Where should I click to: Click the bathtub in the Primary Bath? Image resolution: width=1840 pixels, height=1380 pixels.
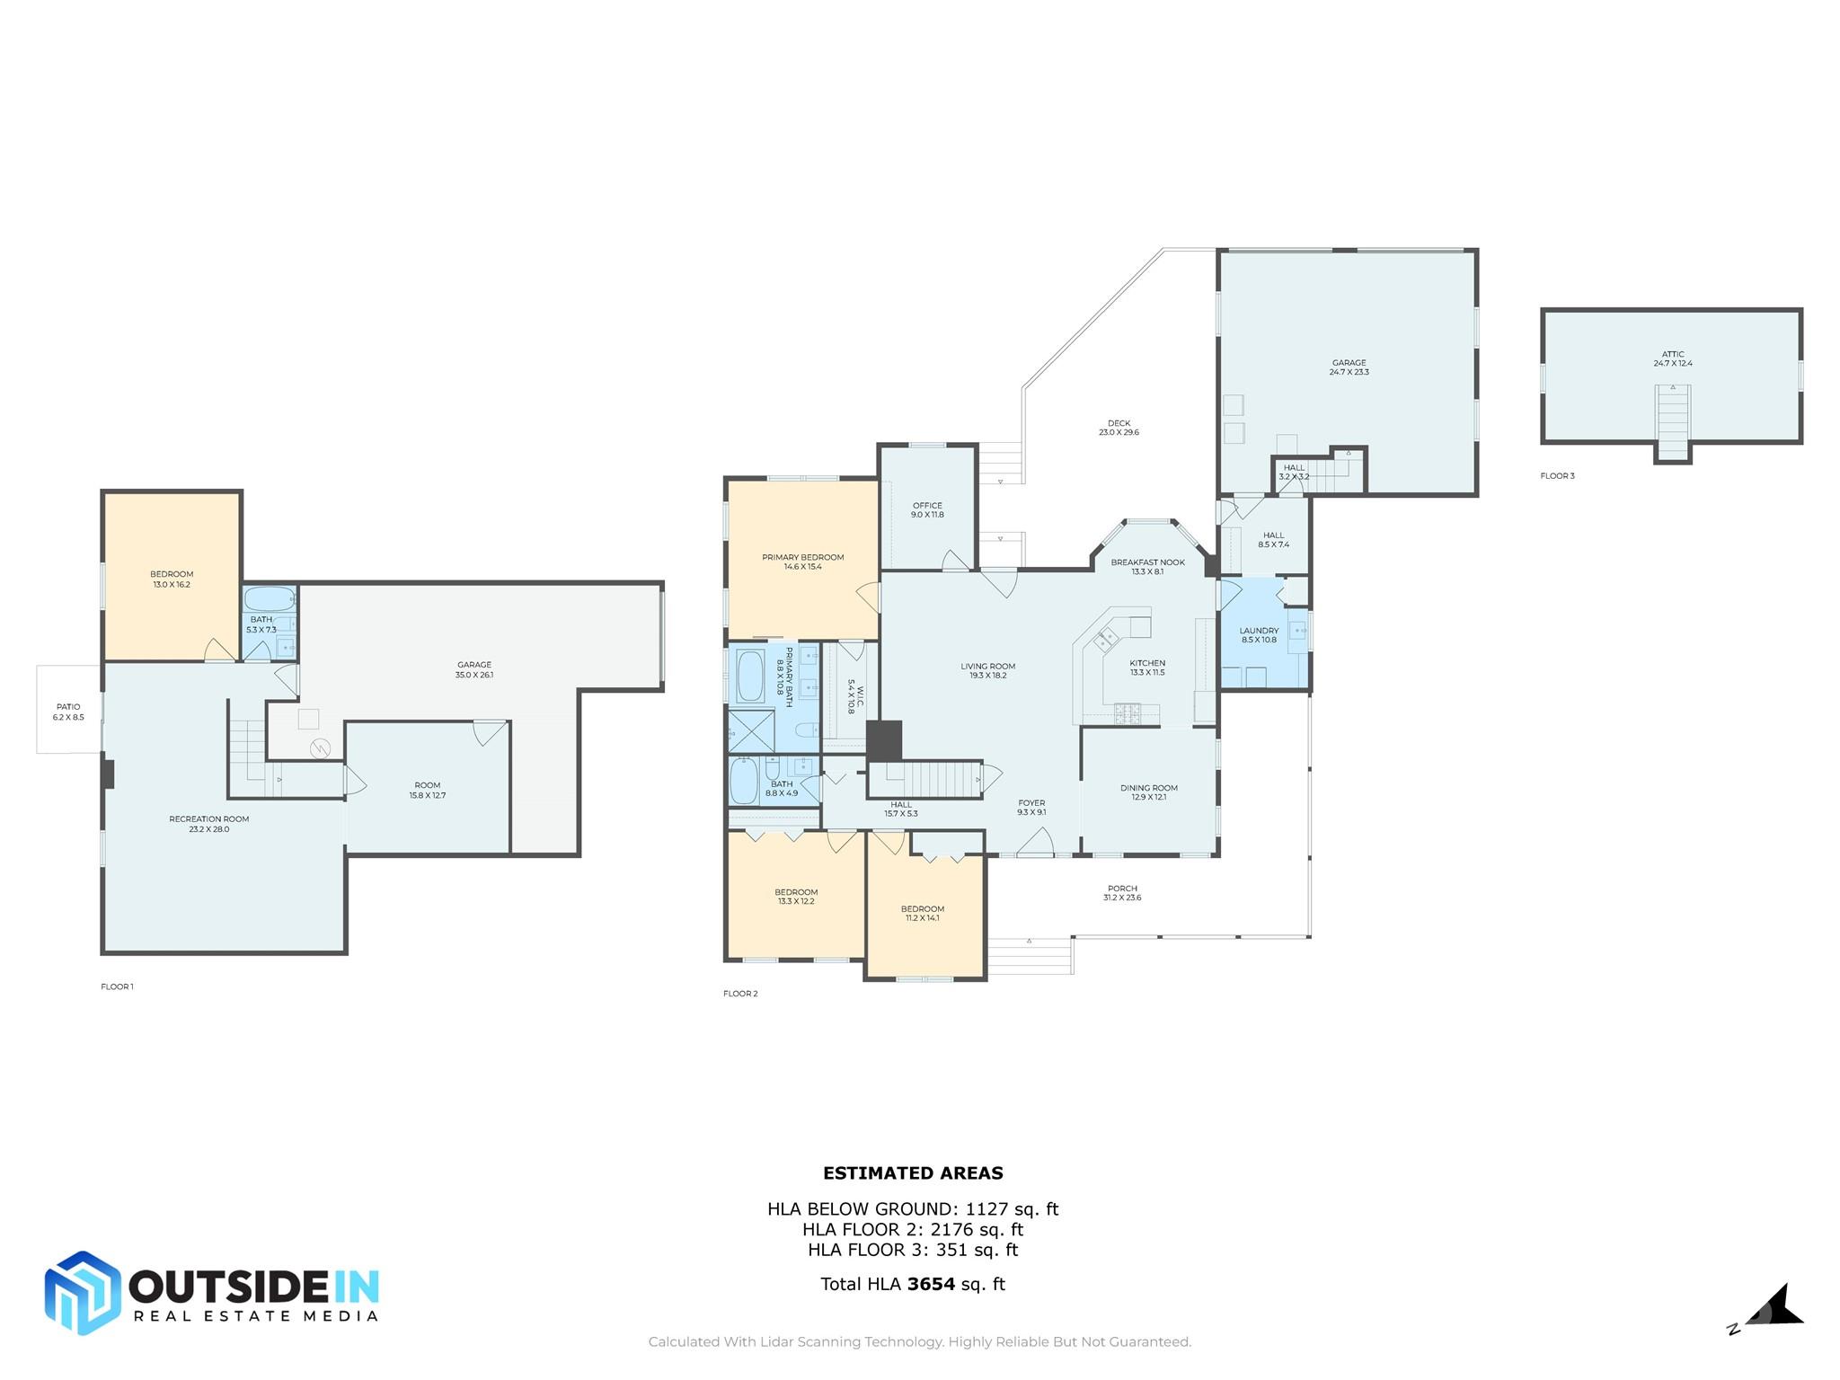click(750, 676)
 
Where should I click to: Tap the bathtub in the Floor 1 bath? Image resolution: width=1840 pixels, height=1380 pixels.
click(269, 598)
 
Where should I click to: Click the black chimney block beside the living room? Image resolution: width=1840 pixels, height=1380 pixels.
click(884, 741)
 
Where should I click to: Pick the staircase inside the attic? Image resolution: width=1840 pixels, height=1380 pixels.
click(1673, 422)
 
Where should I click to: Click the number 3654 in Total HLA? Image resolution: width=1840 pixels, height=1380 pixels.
click(931, 1284)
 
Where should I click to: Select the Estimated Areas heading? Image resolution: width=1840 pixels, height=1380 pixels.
click(913, 1172)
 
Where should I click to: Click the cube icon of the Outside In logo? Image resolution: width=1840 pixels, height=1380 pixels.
click(83, 1293)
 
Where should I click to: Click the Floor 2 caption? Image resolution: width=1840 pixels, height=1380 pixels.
click(740, 994)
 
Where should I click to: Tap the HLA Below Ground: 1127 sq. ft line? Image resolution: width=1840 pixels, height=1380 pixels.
click(913, 1209)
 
